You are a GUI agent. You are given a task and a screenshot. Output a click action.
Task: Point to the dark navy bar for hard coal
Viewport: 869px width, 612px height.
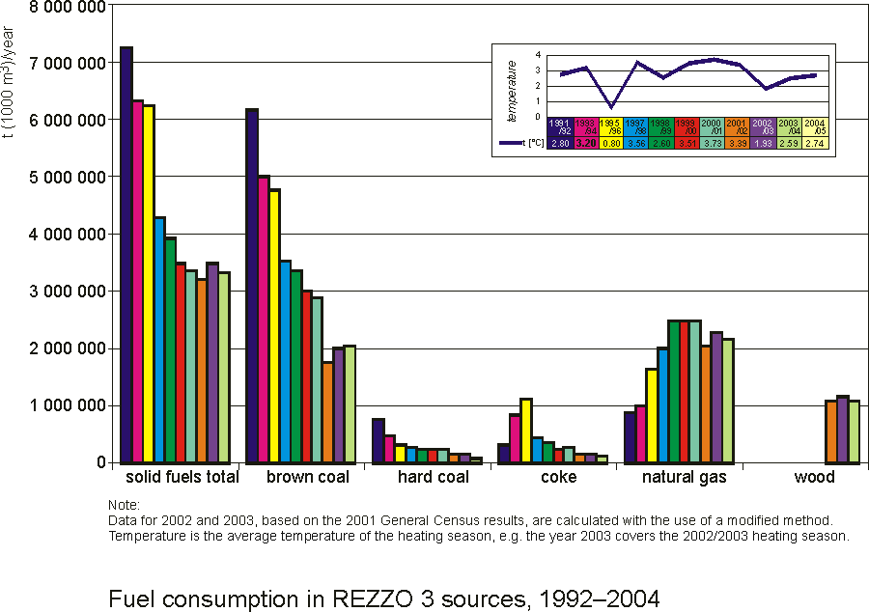pos(378,440)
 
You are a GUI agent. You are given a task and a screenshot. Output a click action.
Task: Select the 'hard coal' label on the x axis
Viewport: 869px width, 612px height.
pos(434,478)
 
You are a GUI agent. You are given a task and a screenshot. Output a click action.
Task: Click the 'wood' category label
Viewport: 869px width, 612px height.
pos(814,478)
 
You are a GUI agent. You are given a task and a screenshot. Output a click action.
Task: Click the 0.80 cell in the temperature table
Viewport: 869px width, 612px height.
pos(611,143)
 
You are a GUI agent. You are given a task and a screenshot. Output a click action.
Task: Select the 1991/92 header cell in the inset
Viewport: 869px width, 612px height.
pos(559,126)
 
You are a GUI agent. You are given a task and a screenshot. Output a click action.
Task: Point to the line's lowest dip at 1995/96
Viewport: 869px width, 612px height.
pos(611,106)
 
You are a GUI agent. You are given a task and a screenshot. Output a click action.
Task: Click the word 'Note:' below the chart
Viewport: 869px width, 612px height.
pos(125,505)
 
